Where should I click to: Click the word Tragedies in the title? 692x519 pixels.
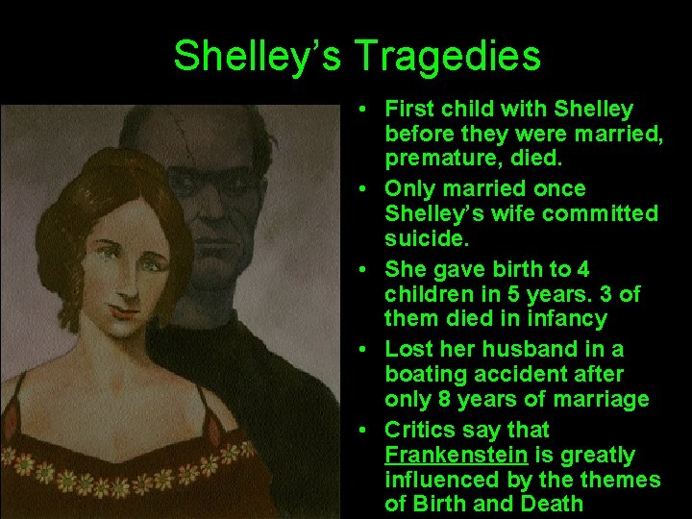(x=448, y=57)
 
